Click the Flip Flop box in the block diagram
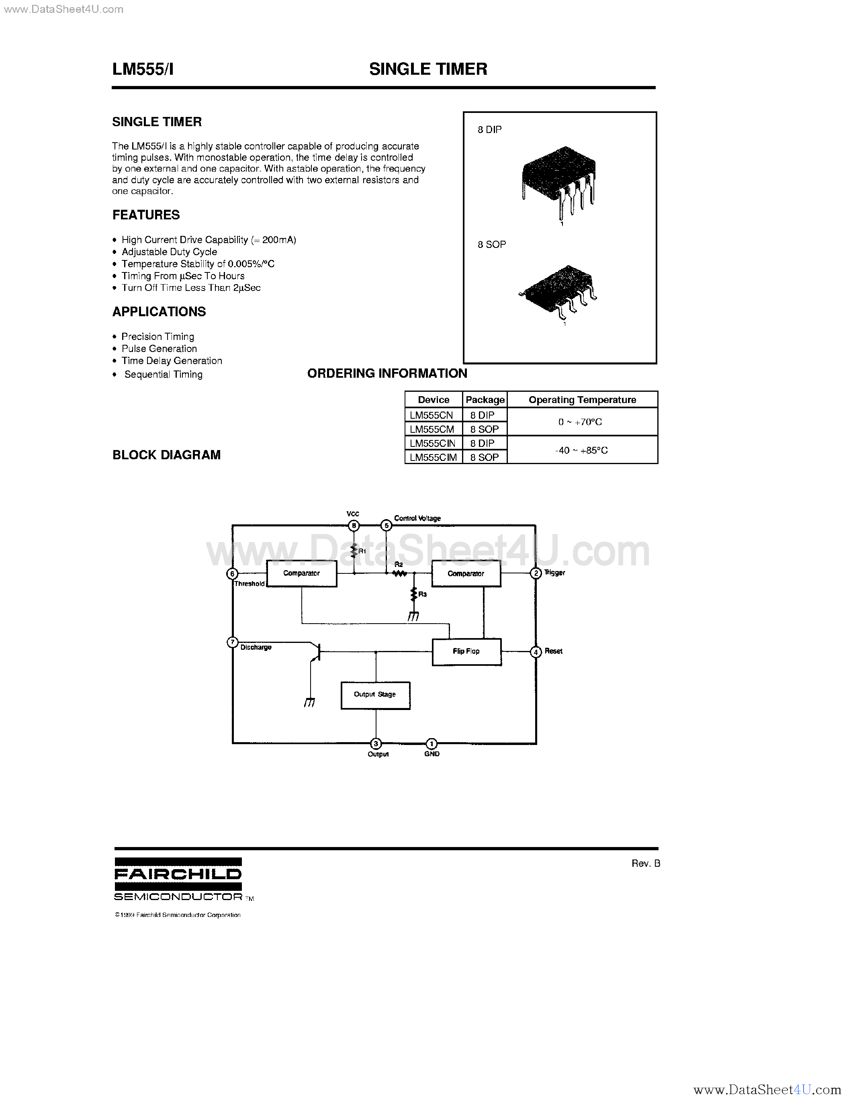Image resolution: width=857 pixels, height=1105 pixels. point(466,652)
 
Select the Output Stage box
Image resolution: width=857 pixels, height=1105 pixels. point(375,695)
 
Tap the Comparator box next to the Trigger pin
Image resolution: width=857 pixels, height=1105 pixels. point(466,573)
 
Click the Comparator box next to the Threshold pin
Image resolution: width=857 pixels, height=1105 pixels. point(301,573)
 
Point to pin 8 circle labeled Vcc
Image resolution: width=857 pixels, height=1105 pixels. point(354,526)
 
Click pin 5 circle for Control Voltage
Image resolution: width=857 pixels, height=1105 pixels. point(387,526)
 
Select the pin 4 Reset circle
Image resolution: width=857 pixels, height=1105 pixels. point(536,652)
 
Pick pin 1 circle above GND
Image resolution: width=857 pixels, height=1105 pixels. point(432,744)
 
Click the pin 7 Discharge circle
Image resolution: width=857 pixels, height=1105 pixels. point(232,643)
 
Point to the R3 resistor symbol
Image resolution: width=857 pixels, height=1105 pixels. point(414,594)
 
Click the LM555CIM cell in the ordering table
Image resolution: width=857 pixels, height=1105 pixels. point(434,457)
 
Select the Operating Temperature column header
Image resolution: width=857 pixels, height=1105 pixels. point(582,400)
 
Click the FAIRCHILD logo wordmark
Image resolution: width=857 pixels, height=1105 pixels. point(178,874)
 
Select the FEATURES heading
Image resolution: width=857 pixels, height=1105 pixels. point(146,215)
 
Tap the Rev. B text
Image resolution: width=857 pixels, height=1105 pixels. point(646,863)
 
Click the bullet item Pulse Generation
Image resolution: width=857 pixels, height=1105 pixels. point(159,349)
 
